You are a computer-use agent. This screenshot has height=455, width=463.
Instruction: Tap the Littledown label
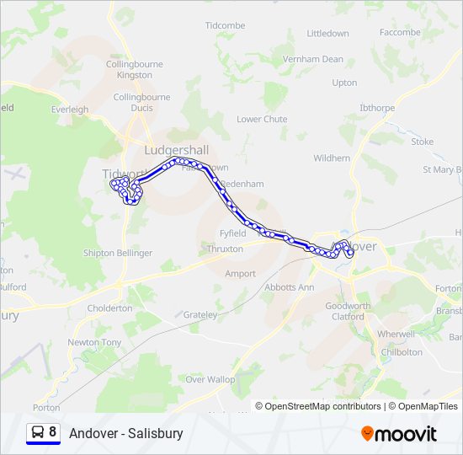tap(327, 34)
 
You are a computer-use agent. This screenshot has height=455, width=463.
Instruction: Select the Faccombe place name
tap(400, 32)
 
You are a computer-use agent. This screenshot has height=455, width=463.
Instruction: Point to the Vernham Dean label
tap(313, 60)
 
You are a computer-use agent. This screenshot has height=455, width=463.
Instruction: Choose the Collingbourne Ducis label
tap(141, 102)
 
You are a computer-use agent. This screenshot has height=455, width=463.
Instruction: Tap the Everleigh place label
tap(69, 110)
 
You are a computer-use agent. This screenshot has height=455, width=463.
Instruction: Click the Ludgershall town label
tap(177, 150)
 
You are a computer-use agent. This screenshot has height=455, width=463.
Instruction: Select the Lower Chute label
tap(262, 120)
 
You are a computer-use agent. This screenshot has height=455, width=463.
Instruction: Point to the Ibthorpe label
tap(377, 108)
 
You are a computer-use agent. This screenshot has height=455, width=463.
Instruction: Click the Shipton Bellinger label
tap(118, 253)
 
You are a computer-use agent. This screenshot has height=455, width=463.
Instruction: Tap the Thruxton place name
tap(225, 249)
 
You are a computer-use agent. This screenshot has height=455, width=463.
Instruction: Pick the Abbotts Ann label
tap(289, 287)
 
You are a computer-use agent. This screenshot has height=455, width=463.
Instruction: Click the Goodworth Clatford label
tap(348, 312)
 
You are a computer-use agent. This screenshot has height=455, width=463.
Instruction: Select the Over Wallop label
tap(210, 380)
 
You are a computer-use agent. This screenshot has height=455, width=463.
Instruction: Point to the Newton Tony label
tap(94, 343)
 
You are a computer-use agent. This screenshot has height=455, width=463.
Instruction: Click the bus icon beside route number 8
tap(38, 432)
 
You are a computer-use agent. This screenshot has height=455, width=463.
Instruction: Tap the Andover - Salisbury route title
tap(126, 433)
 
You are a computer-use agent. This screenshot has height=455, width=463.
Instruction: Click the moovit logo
tap(399, 434)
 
